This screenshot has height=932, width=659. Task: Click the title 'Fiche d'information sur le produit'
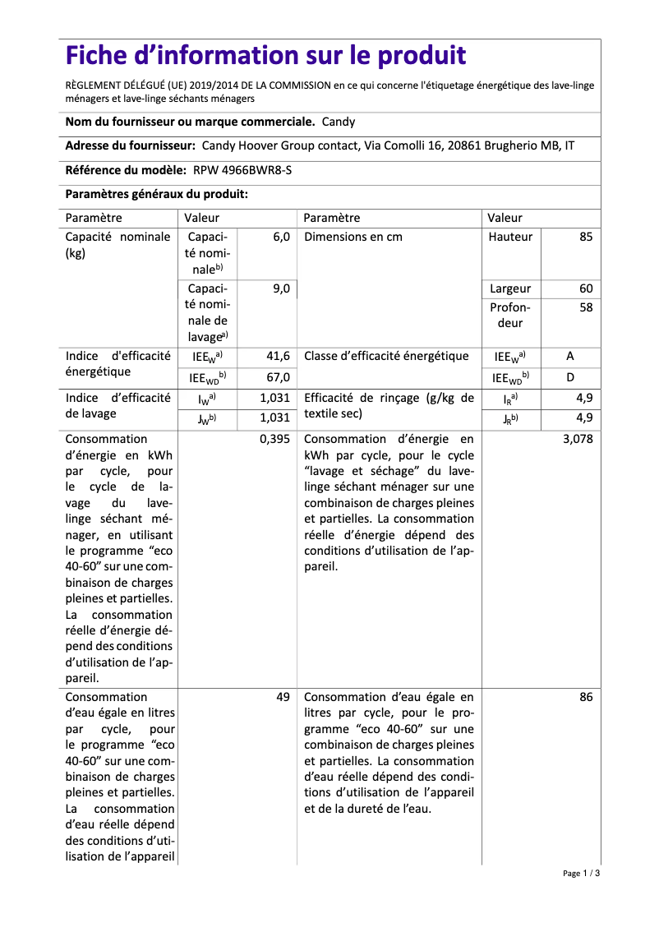point(265,56)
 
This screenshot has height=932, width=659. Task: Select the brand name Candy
point(339,122)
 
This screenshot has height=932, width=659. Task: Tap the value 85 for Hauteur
point(585,237)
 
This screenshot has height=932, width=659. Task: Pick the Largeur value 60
point(585,288)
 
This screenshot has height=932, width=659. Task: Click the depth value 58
point(585,307)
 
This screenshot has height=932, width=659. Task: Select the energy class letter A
point(570,357)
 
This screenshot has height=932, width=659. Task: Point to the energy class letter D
point(570,377)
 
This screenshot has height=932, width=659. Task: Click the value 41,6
point(278,357)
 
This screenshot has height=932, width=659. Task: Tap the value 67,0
point(278,377)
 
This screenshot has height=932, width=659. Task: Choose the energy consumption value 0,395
point(274,439)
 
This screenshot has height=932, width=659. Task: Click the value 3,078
point(577,439)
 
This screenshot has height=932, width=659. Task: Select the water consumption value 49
point(283,697)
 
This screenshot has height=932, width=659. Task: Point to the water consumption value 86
point(585,697)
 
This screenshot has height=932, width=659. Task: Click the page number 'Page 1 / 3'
point(581,873)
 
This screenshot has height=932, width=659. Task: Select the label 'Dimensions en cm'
point(353,237)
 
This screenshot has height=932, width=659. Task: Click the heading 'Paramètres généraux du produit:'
point(157,195)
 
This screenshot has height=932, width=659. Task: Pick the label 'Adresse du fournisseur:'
point(130,145)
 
